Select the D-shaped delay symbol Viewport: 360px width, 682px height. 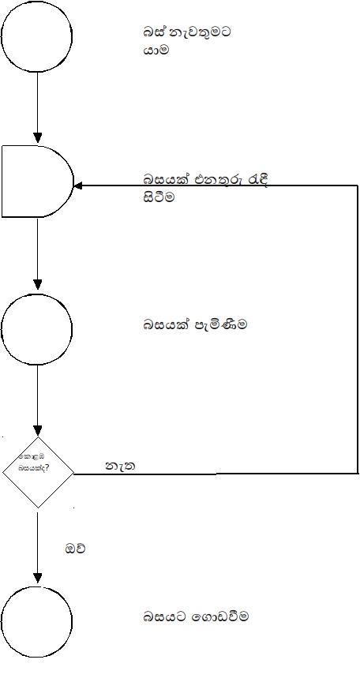coord(36,181)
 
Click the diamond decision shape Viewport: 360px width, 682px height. coord(37,472)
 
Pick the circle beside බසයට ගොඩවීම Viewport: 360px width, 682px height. coord(37,621)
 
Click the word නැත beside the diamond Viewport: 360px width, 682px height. coord(120,467)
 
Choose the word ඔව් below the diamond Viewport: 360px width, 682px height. coord(75,547)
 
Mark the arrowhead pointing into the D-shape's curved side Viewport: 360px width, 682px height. coord(79,185)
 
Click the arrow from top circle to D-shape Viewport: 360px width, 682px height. coord(37,107)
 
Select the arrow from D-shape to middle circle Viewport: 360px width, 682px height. coord(37,253)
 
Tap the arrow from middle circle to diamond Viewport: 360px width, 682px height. coord(37,399)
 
